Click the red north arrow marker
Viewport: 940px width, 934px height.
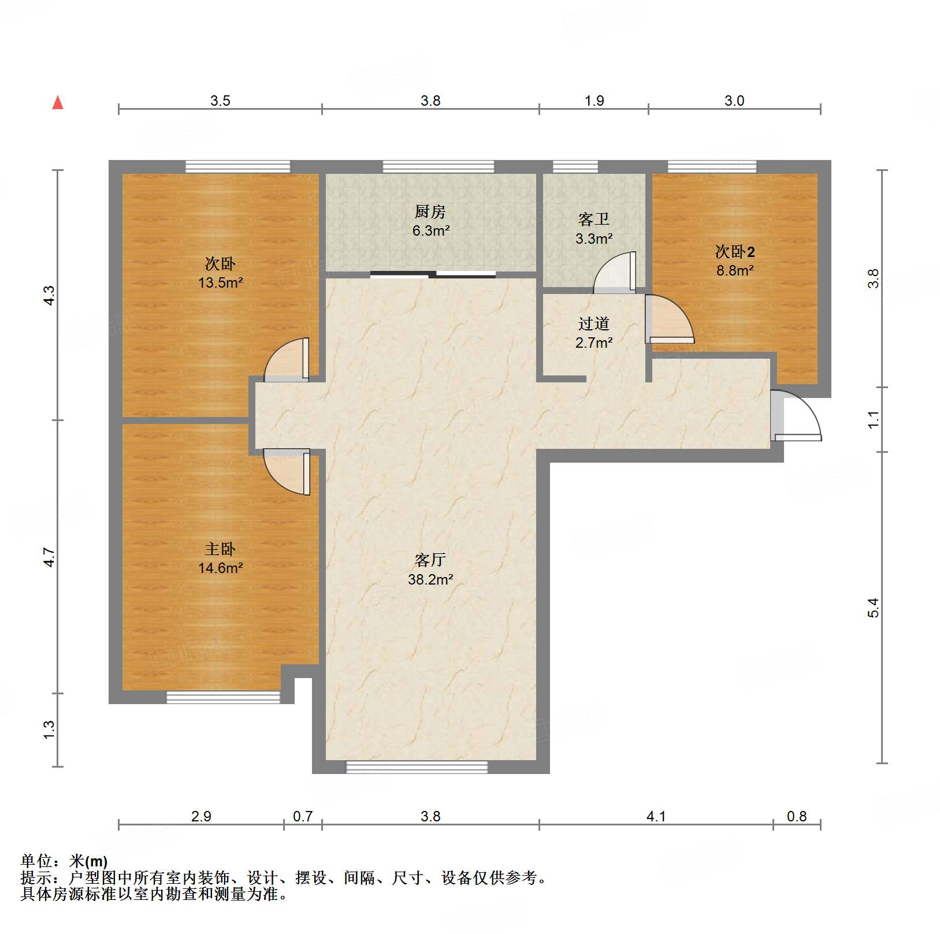[58, 103]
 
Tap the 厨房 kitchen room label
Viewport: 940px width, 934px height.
[430, 212]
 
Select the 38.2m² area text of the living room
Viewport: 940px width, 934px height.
[430, 579]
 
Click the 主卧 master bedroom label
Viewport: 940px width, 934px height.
[220, 549]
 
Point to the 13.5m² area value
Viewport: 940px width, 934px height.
[220, 282]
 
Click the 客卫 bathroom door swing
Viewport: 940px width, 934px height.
[616, 272]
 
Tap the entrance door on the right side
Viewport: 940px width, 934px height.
[796, 417]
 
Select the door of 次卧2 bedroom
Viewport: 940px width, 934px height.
[668, 318]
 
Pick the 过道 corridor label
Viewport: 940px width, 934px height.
[594, 323]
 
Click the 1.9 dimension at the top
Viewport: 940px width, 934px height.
[594, 101]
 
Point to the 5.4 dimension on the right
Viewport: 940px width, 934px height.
[873, 608]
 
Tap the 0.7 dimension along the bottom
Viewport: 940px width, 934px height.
[303, 816]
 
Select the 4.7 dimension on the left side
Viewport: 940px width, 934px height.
[49, 557]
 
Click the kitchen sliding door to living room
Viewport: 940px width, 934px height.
[433, 274]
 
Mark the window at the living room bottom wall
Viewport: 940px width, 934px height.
[417, 767]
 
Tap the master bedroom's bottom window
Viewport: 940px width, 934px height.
[223, 697]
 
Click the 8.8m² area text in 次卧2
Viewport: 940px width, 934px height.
[735, 270]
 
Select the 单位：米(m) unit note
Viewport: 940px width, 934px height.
[64, 861]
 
